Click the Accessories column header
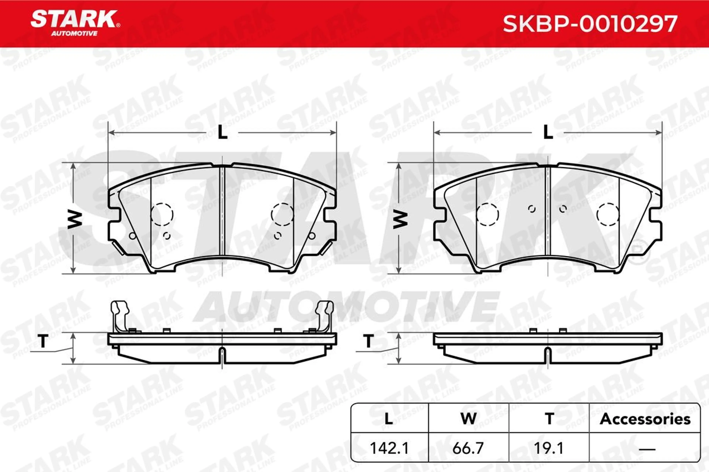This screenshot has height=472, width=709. coord(645,419)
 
